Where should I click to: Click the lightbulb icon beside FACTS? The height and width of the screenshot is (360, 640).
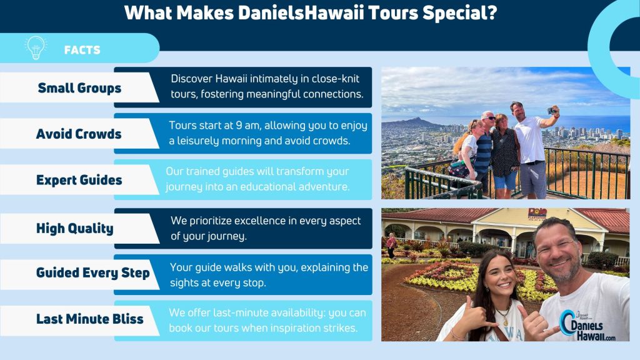(x=36, y=47)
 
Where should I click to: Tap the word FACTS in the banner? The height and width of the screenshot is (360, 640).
(x=82, y=50)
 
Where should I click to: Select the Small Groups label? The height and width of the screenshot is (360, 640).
(x=79, y=88)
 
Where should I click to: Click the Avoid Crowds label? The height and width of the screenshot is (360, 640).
(x=79, y=134)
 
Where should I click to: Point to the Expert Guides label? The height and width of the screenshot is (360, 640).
(x=79, y=180)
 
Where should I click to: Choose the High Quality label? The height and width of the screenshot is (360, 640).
(x=75, y=229)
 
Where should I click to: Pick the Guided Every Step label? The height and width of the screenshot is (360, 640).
(x=93, y=272)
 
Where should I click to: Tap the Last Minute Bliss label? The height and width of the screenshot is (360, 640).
(x=90, y=319)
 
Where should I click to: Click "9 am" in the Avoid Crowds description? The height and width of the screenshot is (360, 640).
(x=246, y=125)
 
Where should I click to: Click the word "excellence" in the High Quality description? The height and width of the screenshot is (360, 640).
(x=260, y=221)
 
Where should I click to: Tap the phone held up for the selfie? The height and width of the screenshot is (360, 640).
(x=552, y=110)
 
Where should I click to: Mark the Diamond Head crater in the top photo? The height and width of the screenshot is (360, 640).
(x=412, y=122)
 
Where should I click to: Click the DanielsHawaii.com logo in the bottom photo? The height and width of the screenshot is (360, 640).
(x=587, y=325)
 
